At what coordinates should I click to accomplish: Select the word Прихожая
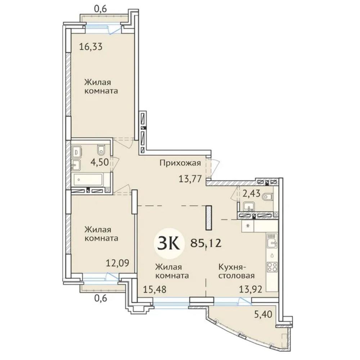pos(180,163)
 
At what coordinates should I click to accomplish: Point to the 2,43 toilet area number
pos(251,194)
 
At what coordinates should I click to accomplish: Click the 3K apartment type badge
pos(168,244)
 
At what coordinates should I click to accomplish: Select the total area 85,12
pos(206,243)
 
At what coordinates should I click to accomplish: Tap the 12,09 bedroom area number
pos(118,263)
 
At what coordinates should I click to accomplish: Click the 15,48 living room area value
pos(155,289)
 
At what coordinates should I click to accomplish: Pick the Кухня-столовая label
pos(236,271)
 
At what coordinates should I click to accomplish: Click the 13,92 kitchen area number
pos(251,289)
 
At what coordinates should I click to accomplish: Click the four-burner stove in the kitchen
pos(272,267)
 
